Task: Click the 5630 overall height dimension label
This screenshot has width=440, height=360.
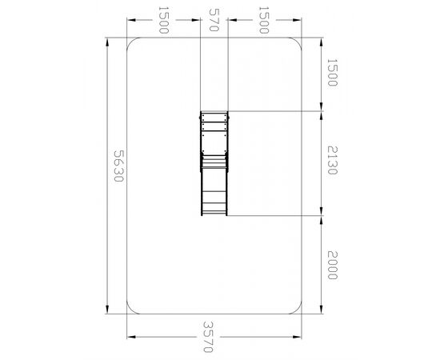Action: click(x=118, y=166)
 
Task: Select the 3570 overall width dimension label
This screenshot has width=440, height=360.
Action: click(x=208, y=337)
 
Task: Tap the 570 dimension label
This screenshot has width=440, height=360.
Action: click(x=214, y=20)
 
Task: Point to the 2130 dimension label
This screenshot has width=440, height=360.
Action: click(x=332, y=160)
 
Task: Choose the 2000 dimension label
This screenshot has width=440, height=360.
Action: click(x=332, y=265)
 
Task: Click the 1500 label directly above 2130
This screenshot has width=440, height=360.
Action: click(x=332, y=72)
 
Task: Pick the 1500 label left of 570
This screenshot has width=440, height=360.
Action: click(x=163, y=20)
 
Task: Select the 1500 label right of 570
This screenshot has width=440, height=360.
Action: click(x=263, y=20)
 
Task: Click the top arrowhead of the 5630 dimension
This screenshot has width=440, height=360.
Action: click(x=107, y=42)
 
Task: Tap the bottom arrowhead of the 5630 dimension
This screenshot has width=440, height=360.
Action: click(x=107, y=309)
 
